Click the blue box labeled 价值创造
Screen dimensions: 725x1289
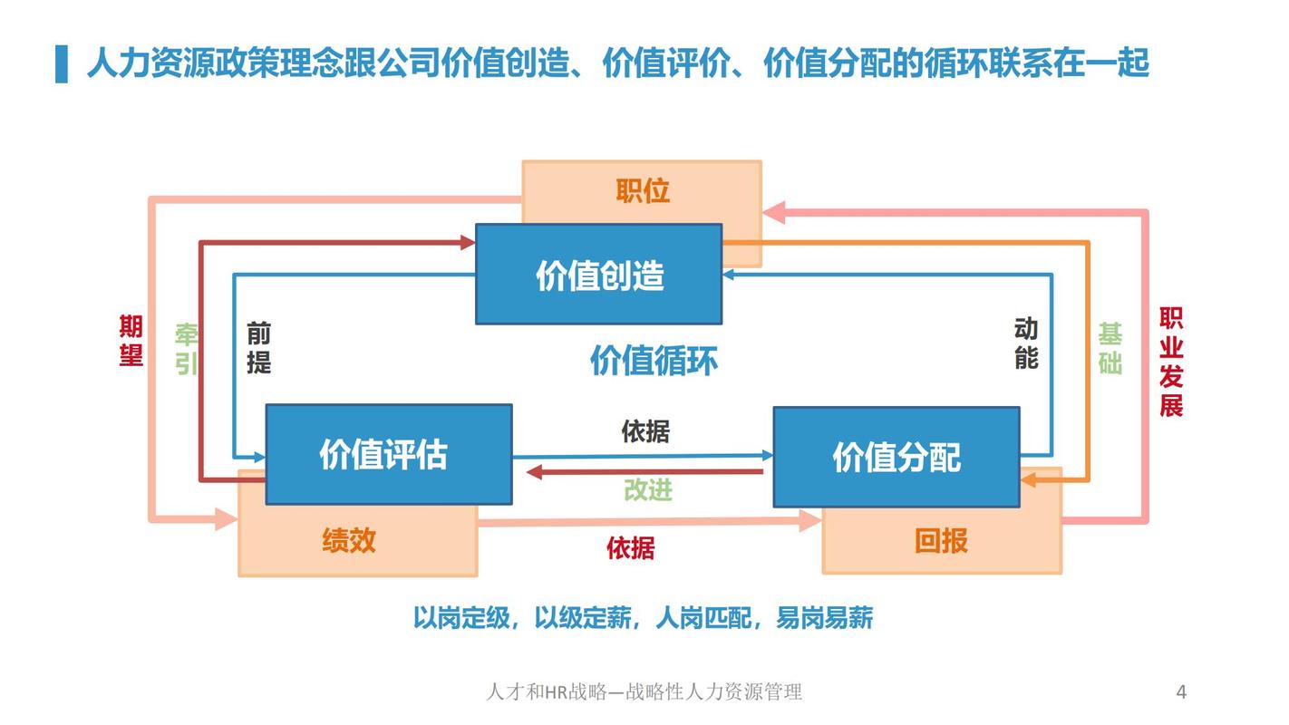click(x=599, y=275)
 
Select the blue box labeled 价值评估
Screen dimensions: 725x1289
click(x=388, y=454)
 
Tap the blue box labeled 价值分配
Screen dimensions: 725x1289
click(x=896, y=457)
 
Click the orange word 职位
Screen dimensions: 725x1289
click(x=642, y=191)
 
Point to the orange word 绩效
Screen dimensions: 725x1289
click(x=349, y=540)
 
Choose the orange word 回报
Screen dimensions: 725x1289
click(x=941, y=541)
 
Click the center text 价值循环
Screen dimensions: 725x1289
click(x=654, y=361)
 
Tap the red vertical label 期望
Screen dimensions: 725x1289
click(x=131, y=340)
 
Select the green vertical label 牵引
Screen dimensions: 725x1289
click(x=187, y=349)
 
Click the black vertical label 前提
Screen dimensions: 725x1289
click(x=258, y=349)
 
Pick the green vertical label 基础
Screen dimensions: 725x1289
click(x=1110, y=348)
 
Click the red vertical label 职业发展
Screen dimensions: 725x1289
click(x=1170, y=362)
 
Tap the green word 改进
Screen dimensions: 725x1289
click(x=647, y=490)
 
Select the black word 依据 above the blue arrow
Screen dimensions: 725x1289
click(x=645, y=431)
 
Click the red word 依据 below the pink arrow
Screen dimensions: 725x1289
click(x=630, y=547)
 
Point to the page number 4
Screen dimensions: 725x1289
click(x=1181, y=692)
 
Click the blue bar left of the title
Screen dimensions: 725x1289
click(x=62, y=63)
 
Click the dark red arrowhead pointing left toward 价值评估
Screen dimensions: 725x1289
click(x=536, y=471)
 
